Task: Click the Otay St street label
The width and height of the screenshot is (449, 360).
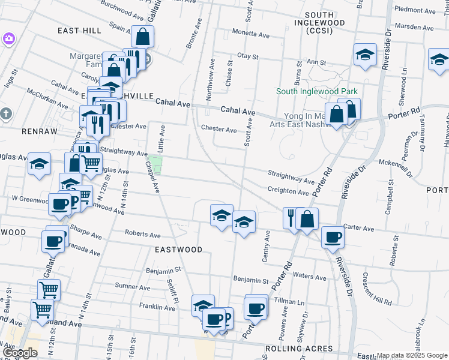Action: pos(247,56)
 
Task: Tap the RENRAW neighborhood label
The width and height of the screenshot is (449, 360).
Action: pos(22,130)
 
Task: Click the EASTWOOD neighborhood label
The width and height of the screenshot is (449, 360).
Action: pos(178,249)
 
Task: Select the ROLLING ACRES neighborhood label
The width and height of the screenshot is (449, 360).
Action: pos(299,349)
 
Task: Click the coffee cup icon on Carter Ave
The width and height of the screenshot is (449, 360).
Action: pos(332,237)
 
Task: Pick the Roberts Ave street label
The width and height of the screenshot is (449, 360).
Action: pos(143,233)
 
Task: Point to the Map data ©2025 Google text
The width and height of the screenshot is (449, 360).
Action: pos(412,355)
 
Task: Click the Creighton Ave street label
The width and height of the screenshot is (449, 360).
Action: pos(288,191)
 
